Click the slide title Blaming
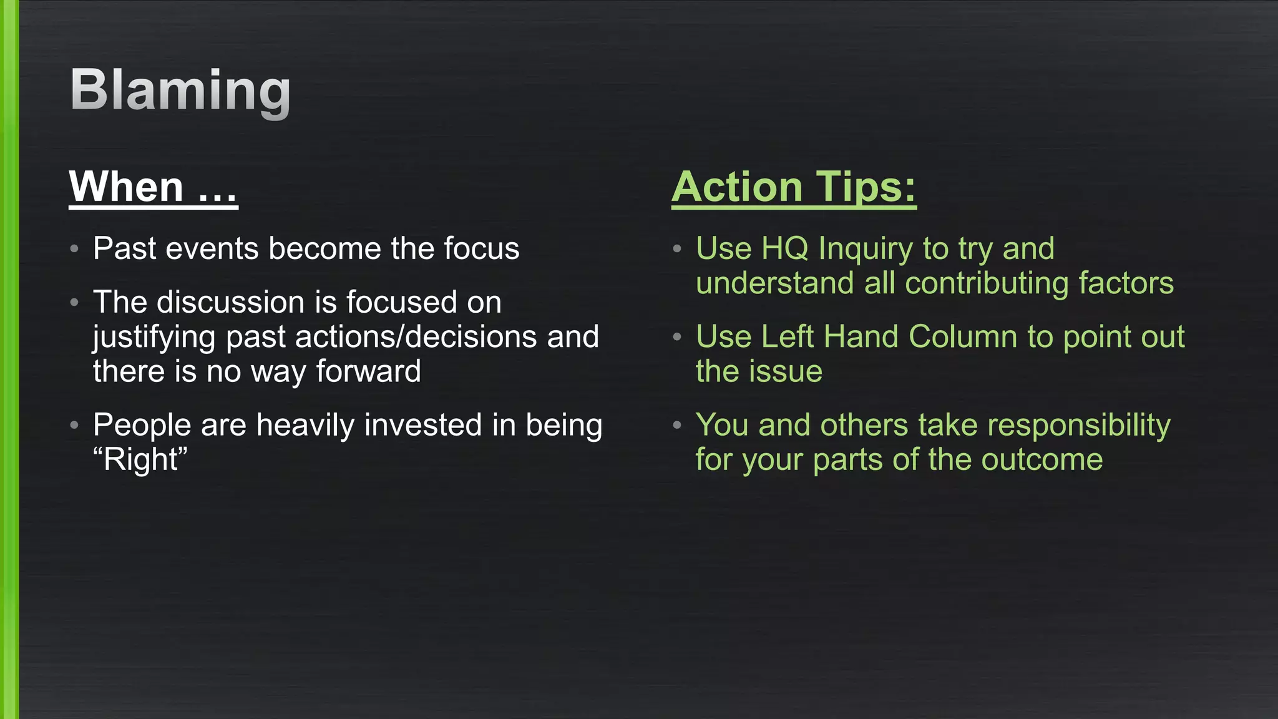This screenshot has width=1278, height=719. [180, 90]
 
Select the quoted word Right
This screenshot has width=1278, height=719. [140, 460]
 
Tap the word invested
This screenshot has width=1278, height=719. [423, 425]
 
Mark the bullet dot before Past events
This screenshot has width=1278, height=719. [74, 249]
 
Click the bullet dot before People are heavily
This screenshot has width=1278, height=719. [74, 426]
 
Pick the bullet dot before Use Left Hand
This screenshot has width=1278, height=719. [677, 337]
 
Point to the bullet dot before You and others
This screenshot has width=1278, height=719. [677, 426]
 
